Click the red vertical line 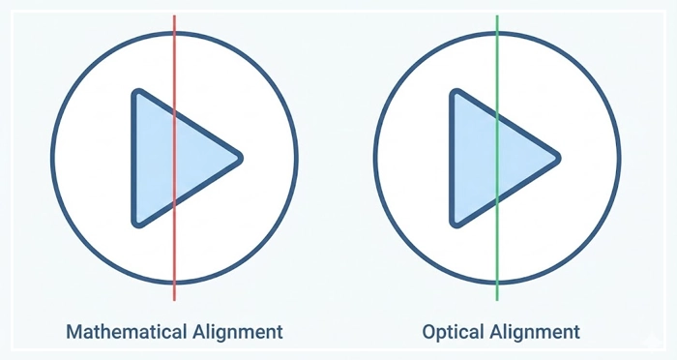tap(174, 58)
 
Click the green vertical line tap(496, 58)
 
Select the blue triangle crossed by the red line tap(160, 157)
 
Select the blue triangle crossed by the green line tap(479, 157)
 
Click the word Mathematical tap(125, 332)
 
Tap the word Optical tap(454, 332)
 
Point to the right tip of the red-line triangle tap(239, 157)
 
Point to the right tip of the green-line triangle tap(558, 157)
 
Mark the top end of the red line tap(174, 15)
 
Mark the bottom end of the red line tap(174, 300)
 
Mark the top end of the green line tap(496, 15)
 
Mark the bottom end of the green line tap(496, 300)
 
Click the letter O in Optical tap(430, 332)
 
